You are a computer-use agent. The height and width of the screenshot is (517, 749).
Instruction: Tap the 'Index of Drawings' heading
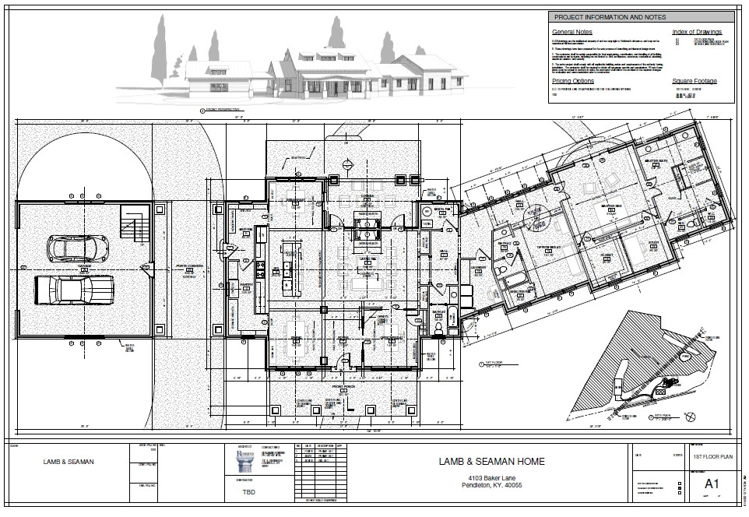click(x=696, y=32)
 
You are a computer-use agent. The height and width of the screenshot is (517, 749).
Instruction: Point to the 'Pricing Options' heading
click(x=573, y=80)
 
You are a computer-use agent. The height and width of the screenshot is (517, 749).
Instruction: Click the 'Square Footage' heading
click(x=694, y=80)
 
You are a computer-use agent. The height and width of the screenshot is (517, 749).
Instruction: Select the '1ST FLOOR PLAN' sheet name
click(x=712, y=458)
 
